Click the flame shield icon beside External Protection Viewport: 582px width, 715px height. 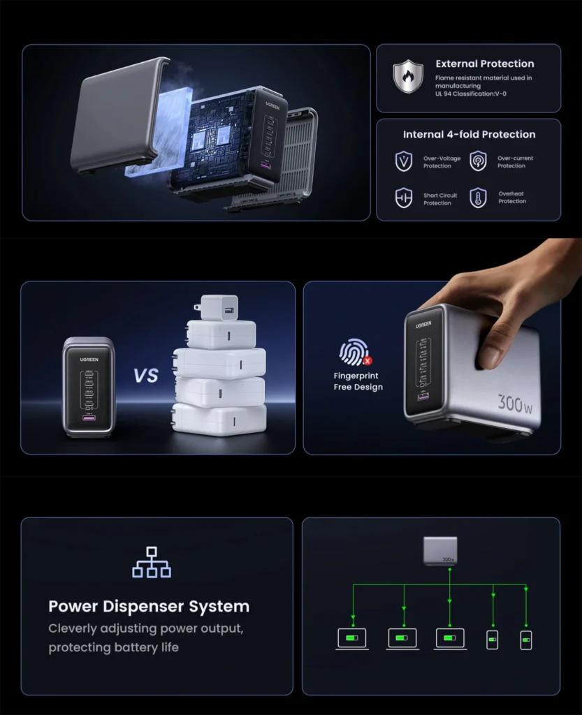(x=408, y=76)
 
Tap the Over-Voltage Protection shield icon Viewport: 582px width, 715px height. (x=404, y=161)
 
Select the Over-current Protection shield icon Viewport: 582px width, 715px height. (x=478, y=161)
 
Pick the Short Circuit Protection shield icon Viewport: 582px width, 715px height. (x=404, y=198)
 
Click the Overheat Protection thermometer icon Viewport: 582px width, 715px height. (x=478, y=198)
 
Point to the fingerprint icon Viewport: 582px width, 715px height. (x=355, y=352)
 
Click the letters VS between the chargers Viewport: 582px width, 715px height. (x=146, y=375)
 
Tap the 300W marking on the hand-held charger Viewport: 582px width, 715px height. (x=515, y=404)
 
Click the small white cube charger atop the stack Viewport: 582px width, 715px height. (x=218, y=308)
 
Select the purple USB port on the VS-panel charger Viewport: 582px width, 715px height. (x=89, y=418)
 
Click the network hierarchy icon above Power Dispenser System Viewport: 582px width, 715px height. (x=152, y=562)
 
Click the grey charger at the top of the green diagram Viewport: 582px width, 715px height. (x=440, y=551)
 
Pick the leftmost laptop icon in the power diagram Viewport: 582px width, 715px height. (x=352, y=639)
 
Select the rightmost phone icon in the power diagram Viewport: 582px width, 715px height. (x=526, y=640)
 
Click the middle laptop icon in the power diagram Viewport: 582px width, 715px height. (x=402, y=639)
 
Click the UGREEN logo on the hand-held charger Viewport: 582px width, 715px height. (x=423, y=325)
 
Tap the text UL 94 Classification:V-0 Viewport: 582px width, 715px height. (x=471, y=94)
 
